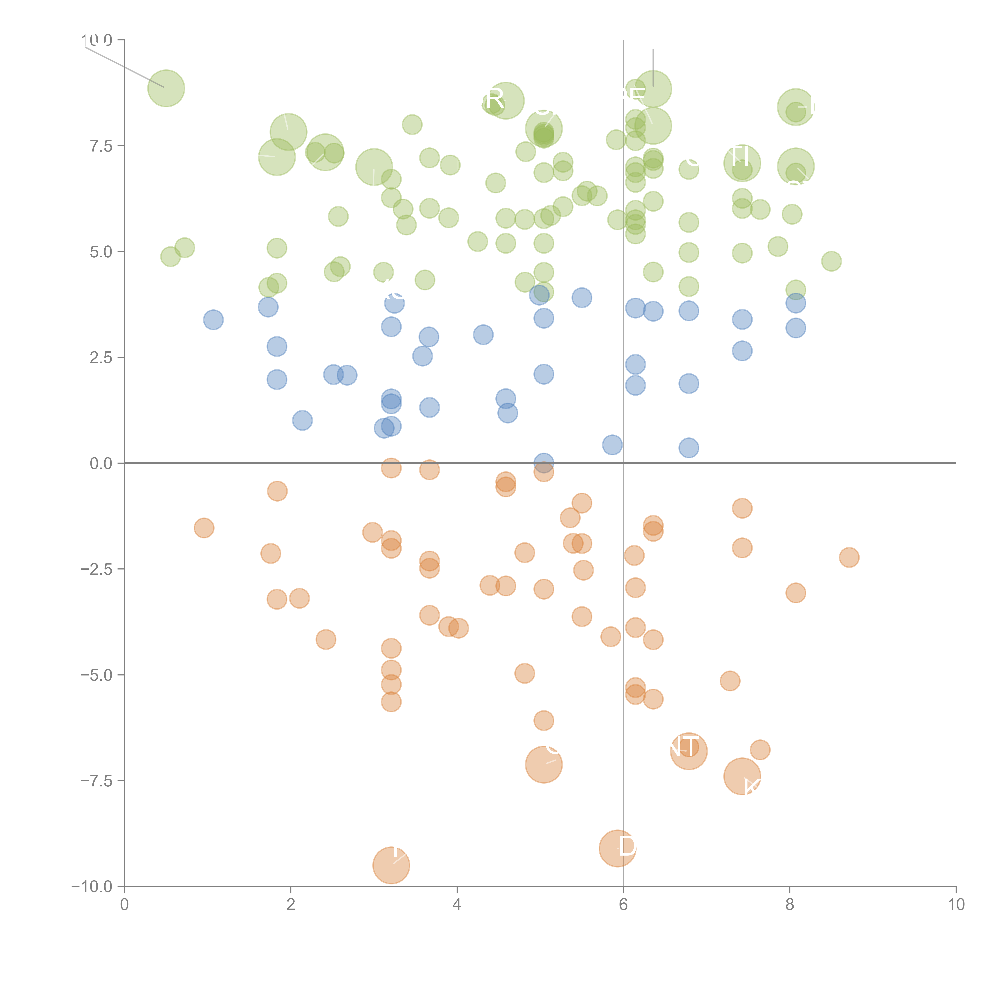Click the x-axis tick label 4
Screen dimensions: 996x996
pos(457,905)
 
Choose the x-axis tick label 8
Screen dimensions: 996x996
pos(790,905)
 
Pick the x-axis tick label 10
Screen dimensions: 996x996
pos(956,905)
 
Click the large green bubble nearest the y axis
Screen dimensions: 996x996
pos(166,88)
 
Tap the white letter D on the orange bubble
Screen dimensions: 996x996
pos(627,846)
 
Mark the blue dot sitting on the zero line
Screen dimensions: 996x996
pos(543,463)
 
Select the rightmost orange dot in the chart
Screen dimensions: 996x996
pos(849,557)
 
